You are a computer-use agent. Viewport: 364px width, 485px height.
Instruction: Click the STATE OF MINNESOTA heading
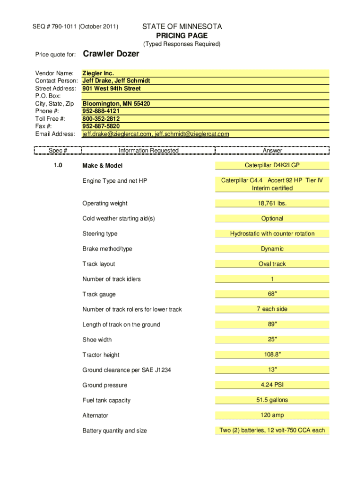[x=182, y=27]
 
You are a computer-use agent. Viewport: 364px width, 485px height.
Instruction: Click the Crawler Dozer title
[x=111, y=54]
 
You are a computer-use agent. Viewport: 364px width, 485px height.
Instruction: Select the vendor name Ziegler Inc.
[x=98, y=73]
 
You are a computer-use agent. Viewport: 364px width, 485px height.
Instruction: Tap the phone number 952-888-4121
[x=101, y=111]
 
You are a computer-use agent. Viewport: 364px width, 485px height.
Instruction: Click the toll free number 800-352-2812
[x=101, y=119]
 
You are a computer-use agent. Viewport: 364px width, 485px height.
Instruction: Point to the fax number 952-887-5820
[x=101, y=126]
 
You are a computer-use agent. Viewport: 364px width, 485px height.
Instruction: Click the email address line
[x=156, y=134]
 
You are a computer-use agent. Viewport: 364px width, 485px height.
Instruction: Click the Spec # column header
[x=58, y=151]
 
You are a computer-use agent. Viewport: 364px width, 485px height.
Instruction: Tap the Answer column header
[x=272, y=151]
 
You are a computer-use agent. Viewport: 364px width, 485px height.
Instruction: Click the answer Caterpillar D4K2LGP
[x=272, y=165]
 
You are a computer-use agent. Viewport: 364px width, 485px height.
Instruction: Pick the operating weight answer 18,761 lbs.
[x=272, y=203]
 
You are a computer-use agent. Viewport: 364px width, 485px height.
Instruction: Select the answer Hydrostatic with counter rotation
[x=272, y=234]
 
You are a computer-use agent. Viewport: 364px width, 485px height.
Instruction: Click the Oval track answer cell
[x=272, y=264]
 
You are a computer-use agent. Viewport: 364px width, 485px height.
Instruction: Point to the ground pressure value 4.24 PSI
[x=272, y=385]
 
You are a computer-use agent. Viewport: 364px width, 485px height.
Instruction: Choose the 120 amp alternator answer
[x=272, y=415]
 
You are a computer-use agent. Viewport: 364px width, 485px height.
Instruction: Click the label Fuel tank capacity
[x=106, y=400]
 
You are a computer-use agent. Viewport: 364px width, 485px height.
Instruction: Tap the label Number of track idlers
[x=112, y=279]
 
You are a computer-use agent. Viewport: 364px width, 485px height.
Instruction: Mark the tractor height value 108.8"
[x=272, y=354]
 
